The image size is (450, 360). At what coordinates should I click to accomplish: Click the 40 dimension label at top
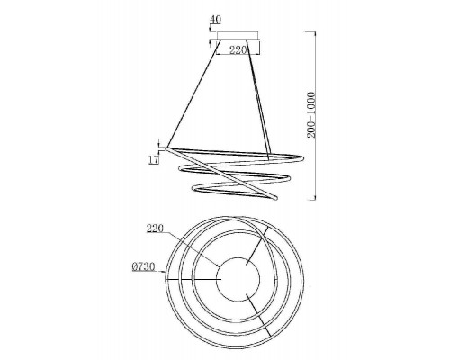(x=215, y=20)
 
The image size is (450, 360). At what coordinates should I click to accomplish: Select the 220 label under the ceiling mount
(x=238, y=49)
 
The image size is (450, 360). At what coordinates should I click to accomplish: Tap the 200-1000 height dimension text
(x=311, y=115)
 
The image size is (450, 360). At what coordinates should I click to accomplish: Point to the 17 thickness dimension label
(x=154, y=159)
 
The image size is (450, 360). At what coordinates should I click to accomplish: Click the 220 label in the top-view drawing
(x=155, y=229)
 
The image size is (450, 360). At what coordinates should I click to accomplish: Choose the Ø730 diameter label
(x=143, y=266)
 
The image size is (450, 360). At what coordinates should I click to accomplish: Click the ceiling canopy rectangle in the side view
(x=238, y=36)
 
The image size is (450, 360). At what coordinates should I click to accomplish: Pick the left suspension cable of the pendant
(x=193, y=94)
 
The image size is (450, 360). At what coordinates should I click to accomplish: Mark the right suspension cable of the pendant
(x=258, y=98)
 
